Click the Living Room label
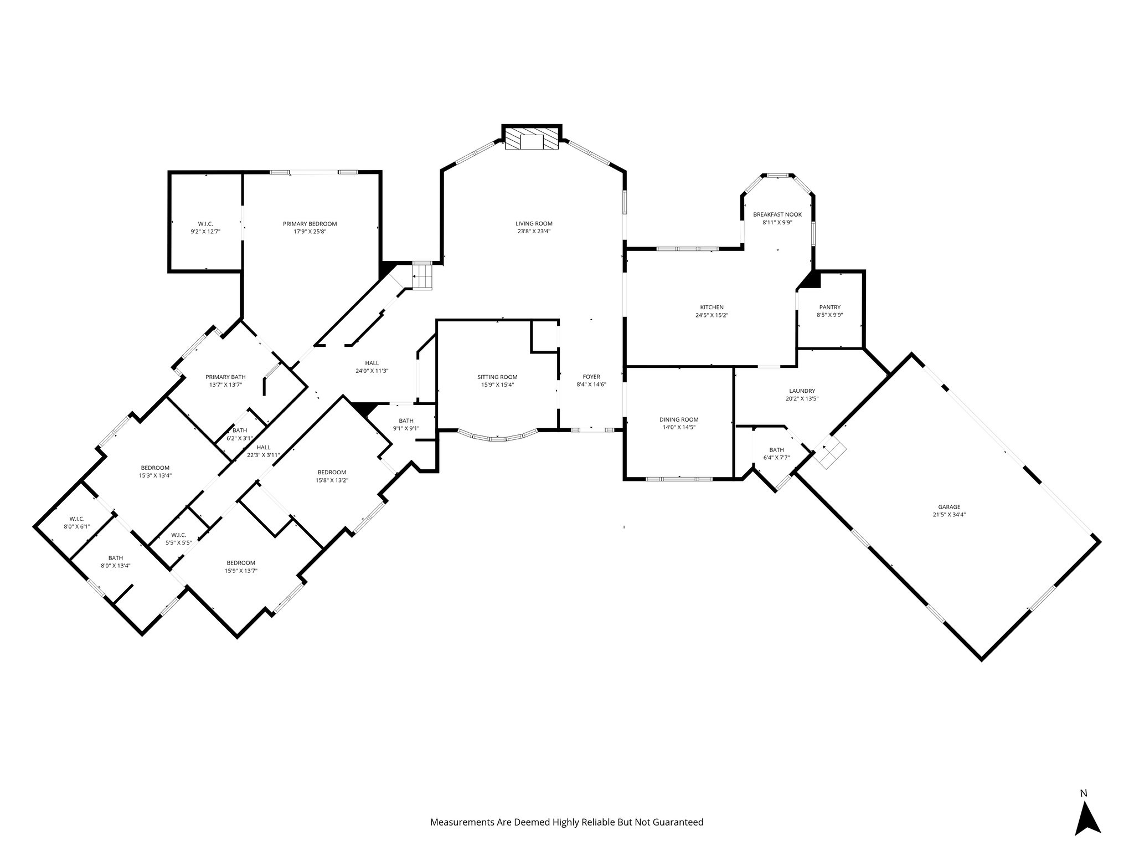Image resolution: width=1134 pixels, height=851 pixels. click(534, 224)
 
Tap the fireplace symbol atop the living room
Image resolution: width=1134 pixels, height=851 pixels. click(532, 141)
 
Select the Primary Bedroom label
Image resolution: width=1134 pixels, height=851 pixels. click(310, 224)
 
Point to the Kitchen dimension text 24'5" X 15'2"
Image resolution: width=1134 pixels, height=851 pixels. click(712, 315)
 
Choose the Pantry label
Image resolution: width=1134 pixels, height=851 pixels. click(830, 307)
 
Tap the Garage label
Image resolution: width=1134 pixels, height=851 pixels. click(949, 506)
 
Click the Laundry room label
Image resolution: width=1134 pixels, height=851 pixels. click(802, 391)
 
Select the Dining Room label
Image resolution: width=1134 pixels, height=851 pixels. click(679, 419)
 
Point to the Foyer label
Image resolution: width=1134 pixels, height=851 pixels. click(591, 377)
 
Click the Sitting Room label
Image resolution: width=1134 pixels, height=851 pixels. click(497, 377)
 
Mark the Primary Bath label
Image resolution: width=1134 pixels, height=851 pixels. click(225, 377)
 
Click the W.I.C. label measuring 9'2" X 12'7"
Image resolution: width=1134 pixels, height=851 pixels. click(205, 224)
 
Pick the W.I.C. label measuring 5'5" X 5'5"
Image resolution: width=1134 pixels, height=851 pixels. click(178, 535)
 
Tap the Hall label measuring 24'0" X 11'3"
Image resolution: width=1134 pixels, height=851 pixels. click(372, 363)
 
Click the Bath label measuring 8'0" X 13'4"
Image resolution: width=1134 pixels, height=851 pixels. click(116, 558)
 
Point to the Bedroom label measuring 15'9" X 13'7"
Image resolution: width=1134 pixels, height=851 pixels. click(241, 562)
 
